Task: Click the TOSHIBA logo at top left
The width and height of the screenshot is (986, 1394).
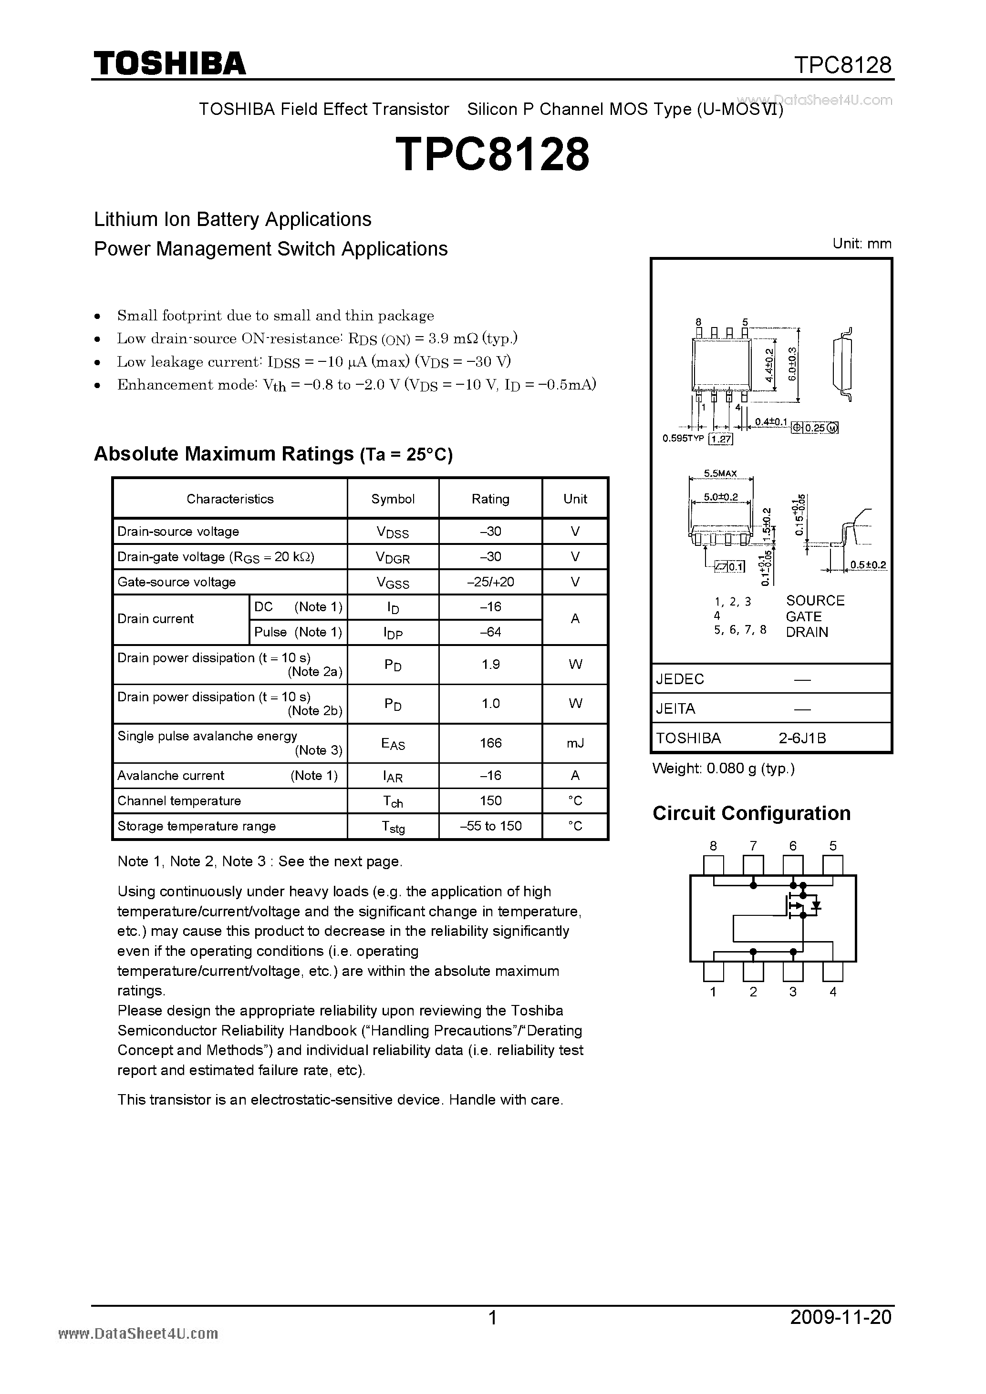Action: point(169,63)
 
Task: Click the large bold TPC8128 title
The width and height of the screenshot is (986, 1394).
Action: point(492,154)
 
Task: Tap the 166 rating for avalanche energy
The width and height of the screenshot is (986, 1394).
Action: point(490,743)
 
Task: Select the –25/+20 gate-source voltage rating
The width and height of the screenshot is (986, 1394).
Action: point(490,582)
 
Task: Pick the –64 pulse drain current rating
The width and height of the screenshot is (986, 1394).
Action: point(490,632)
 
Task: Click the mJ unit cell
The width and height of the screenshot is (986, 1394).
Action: point(575,743)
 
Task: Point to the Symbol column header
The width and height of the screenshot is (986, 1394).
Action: point(393,499)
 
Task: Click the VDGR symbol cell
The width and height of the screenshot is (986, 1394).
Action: point(393,557)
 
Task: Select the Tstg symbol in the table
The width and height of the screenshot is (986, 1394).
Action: point(393,826)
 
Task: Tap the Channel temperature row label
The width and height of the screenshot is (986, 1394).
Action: point(179,801)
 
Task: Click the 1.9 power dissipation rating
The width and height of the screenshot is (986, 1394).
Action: point(490,664)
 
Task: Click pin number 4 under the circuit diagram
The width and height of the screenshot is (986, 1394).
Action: point(833,992)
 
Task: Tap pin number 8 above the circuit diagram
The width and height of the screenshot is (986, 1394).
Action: point(713,846)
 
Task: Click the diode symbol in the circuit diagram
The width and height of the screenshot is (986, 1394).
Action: point(817,905)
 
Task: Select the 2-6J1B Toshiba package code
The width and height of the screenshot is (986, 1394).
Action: point(802,738)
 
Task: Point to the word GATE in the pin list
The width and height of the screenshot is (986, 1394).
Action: point(803,616)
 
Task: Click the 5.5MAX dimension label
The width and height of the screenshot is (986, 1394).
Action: point(720,473)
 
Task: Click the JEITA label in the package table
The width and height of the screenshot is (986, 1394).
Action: point(675,708)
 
